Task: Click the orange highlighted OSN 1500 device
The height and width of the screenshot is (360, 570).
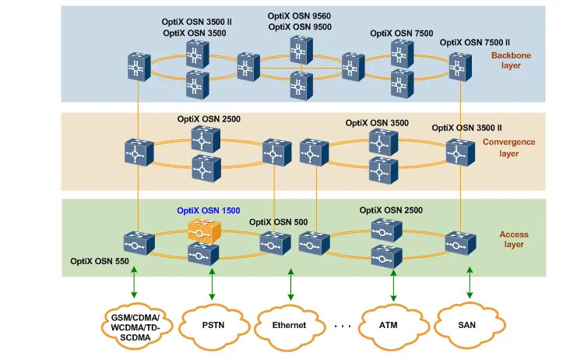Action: tap(204, 231)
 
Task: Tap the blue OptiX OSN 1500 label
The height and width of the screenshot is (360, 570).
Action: tap(208, 210)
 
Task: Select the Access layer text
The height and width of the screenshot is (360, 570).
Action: tap(514, 238)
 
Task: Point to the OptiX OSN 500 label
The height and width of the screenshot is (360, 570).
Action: tap(278, 222)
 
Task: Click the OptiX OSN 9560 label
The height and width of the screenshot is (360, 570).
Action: tap(299, 16)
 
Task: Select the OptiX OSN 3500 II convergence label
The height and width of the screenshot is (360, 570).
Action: tap(466, 127)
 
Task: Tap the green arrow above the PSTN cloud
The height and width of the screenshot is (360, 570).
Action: tap(212, 285)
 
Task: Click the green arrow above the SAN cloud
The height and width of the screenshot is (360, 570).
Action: tap(470, 285)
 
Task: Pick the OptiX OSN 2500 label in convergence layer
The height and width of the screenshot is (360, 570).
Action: tap(209, 119)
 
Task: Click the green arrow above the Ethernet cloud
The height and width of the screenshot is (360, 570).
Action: tap(290, 285)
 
